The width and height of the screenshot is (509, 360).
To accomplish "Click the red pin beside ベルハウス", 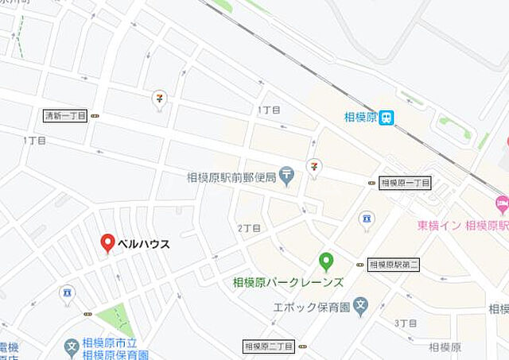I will [x=107, y=243].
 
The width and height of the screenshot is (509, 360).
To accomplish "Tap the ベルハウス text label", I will [x=144, y=244].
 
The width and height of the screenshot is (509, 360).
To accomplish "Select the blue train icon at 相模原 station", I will [x=387, y=118].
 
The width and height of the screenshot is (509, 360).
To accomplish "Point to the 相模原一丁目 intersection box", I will [x=405, y=183].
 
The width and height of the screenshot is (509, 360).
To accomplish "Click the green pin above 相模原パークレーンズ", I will [x=325, y=260].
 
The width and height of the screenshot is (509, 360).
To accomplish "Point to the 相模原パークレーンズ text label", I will [x=288, y=282].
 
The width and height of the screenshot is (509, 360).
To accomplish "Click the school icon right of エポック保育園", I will [x=362, y=304].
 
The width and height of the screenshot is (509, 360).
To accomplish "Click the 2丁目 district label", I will [x=250, y=227].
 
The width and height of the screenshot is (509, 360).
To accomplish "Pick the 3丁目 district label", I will [x=406, y=323].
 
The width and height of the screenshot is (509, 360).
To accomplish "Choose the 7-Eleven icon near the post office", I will [x=315, y=166].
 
